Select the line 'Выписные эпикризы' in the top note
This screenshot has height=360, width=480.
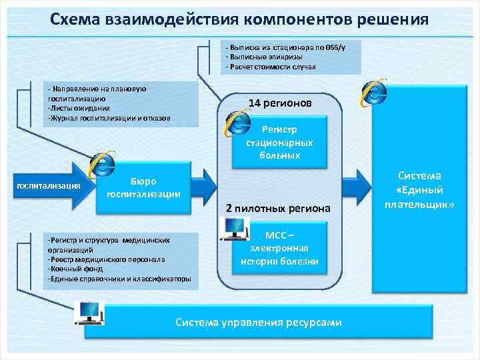coord(261,57)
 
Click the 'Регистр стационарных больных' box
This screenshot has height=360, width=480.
coord(281,142)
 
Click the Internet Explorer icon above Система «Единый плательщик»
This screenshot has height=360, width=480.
coord(374,93)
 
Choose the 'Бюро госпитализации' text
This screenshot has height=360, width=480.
coord(144,187)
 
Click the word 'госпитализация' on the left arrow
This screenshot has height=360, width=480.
coord(47,185)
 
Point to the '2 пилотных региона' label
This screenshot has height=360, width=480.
coord(278,209)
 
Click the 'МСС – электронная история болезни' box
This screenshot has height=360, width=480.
coord(279,248)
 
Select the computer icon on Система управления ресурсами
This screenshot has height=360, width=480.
coord(91,312)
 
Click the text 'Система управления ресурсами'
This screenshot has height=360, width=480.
coord(259,323)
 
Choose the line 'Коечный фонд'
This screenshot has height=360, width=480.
coord(74,269)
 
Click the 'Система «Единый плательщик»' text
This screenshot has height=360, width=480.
coord(420,189)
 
